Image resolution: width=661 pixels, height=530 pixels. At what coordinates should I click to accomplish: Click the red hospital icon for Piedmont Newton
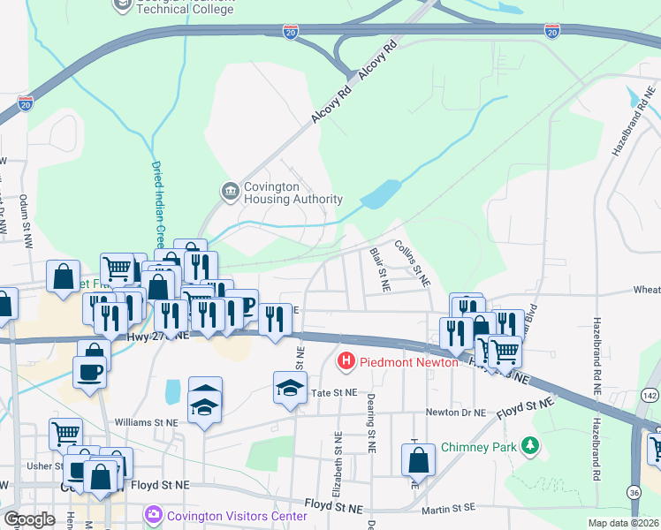pyautogui.click(x=346, y=361)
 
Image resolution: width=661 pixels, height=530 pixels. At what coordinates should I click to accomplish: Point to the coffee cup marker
pyautogui.click(x=90, y=370)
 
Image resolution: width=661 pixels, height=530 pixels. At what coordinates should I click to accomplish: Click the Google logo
pyautogui.click(x=29, y=519)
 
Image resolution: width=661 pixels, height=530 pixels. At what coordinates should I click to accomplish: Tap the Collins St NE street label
pyautogui.click(x=412, y=263)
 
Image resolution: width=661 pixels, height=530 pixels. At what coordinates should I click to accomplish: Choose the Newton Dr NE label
pyautogui.click(x=456, y=413)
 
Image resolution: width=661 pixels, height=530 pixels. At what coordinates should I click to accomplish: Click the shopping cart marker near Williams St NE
pyautogui.click(x=65, y=433)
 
